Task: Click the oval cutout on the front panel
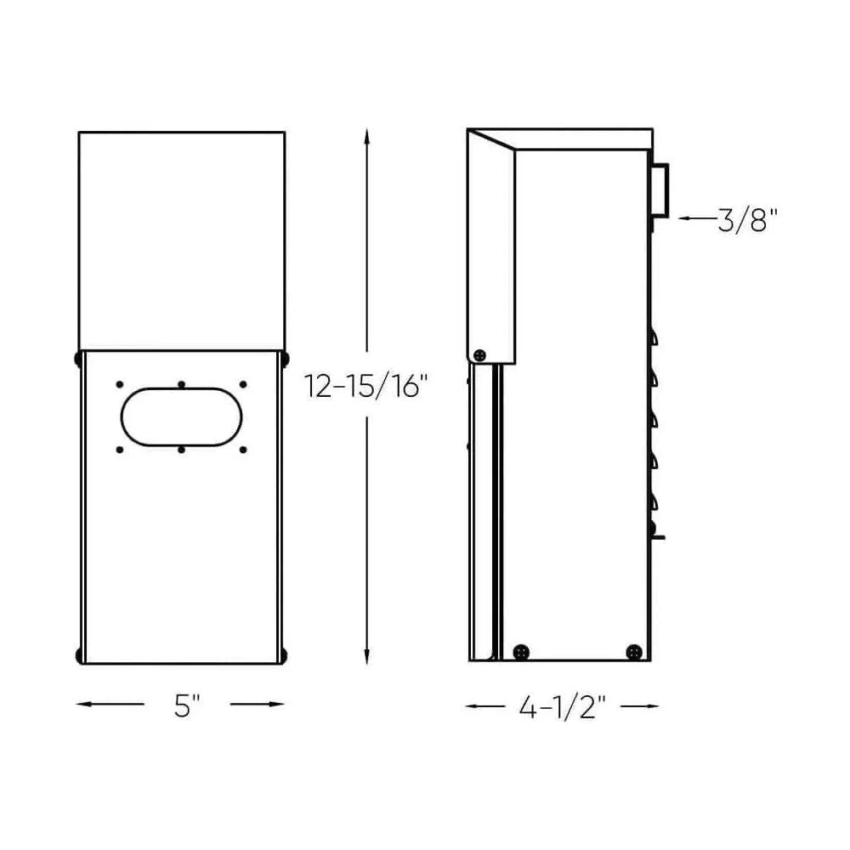pos(182,417)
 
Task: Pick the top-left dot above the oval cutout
pos(120,385)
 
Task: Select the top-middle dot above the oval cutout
pos(182,385)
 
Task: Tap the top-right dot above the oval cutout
pos(243,385)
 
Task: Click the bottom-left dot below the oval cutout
pos(120,449)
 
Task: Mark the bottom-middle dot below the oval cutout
pos(182,449)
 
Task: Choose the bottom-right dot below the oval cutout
pos(243,449)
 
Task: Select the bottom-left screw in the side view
pos(520,652)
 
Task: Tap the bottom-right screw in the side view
pos(633,652)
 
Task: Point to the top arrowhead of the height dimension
pos(366,134)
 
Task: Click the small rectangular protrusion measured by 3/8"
pos(660,190)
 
